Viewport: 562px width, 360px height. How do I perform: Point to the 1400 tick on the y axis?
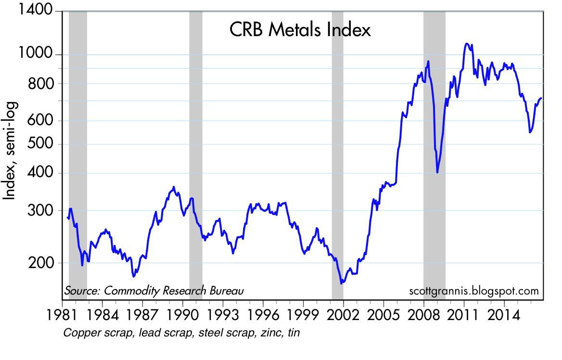37,11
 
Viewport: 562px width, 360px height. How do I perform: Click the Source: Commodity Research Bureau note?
154,291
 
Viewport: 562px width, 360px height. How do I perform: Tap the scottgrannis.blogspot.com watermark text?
473,291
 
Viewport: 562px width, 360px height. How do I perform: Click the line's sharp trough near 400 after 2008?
437,172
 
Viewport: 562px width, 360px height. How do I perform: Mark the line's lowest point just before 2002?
342,283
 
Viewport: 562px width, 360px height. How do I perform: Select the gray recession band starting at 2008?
434,154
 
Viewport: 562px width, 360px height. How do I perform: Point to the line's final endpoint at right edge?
541,98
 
